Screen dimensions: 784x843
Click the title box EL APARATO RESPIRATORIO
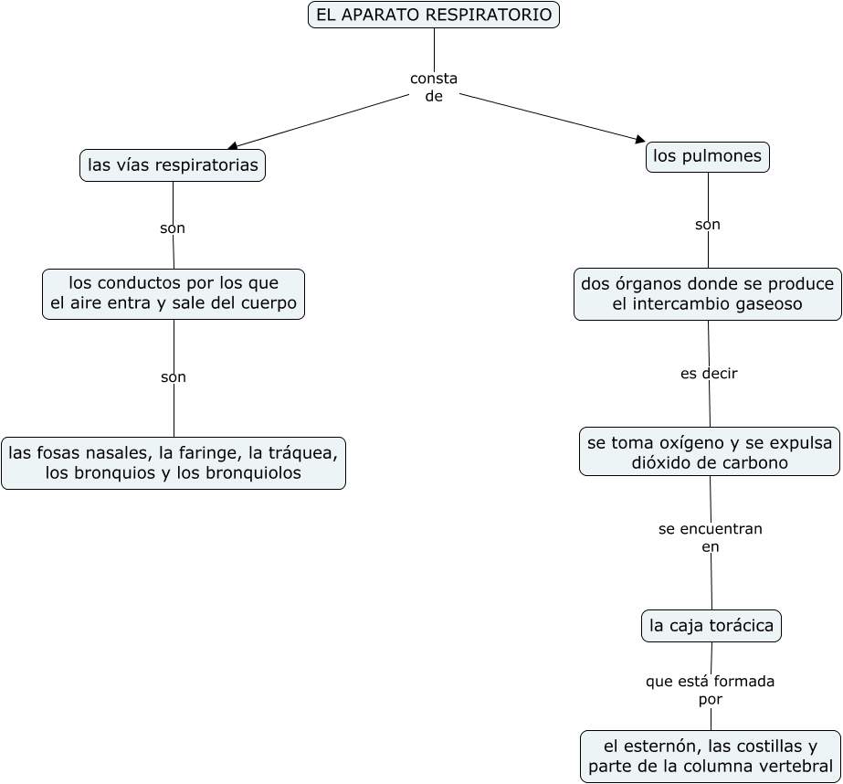434,16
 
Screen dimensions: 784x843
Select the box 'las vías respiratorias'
173,165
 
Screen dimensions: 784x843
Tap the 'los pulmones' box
707,156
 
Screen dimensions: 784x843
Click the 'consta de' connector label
434,88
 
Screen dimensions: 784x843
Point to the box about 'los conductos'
174,293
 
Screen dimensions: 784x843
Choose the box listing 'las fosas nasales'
174,462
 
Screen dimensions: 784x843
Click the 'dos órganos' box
707,293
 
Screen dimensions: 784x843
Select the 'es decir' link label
709,374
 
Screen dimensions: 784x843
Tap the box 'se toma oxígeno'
710,452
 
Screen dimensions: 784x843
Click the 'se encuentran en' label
711,538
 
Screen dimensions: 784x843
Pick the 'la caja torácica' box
711,626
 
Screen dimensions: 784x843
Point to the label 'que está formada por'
710,690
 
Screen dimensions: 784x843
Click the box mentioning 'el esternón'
711,756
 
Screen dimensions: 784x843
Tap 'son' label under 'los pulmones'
708,225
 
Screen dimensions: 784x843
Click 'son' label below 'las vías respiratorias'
173,228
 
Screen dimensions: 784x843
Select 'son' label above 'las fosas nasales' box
174,376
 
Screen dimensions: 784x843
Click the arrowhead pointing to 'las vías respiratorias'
233,145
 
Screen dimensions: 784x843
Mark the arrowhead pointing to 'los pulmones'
639,139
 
